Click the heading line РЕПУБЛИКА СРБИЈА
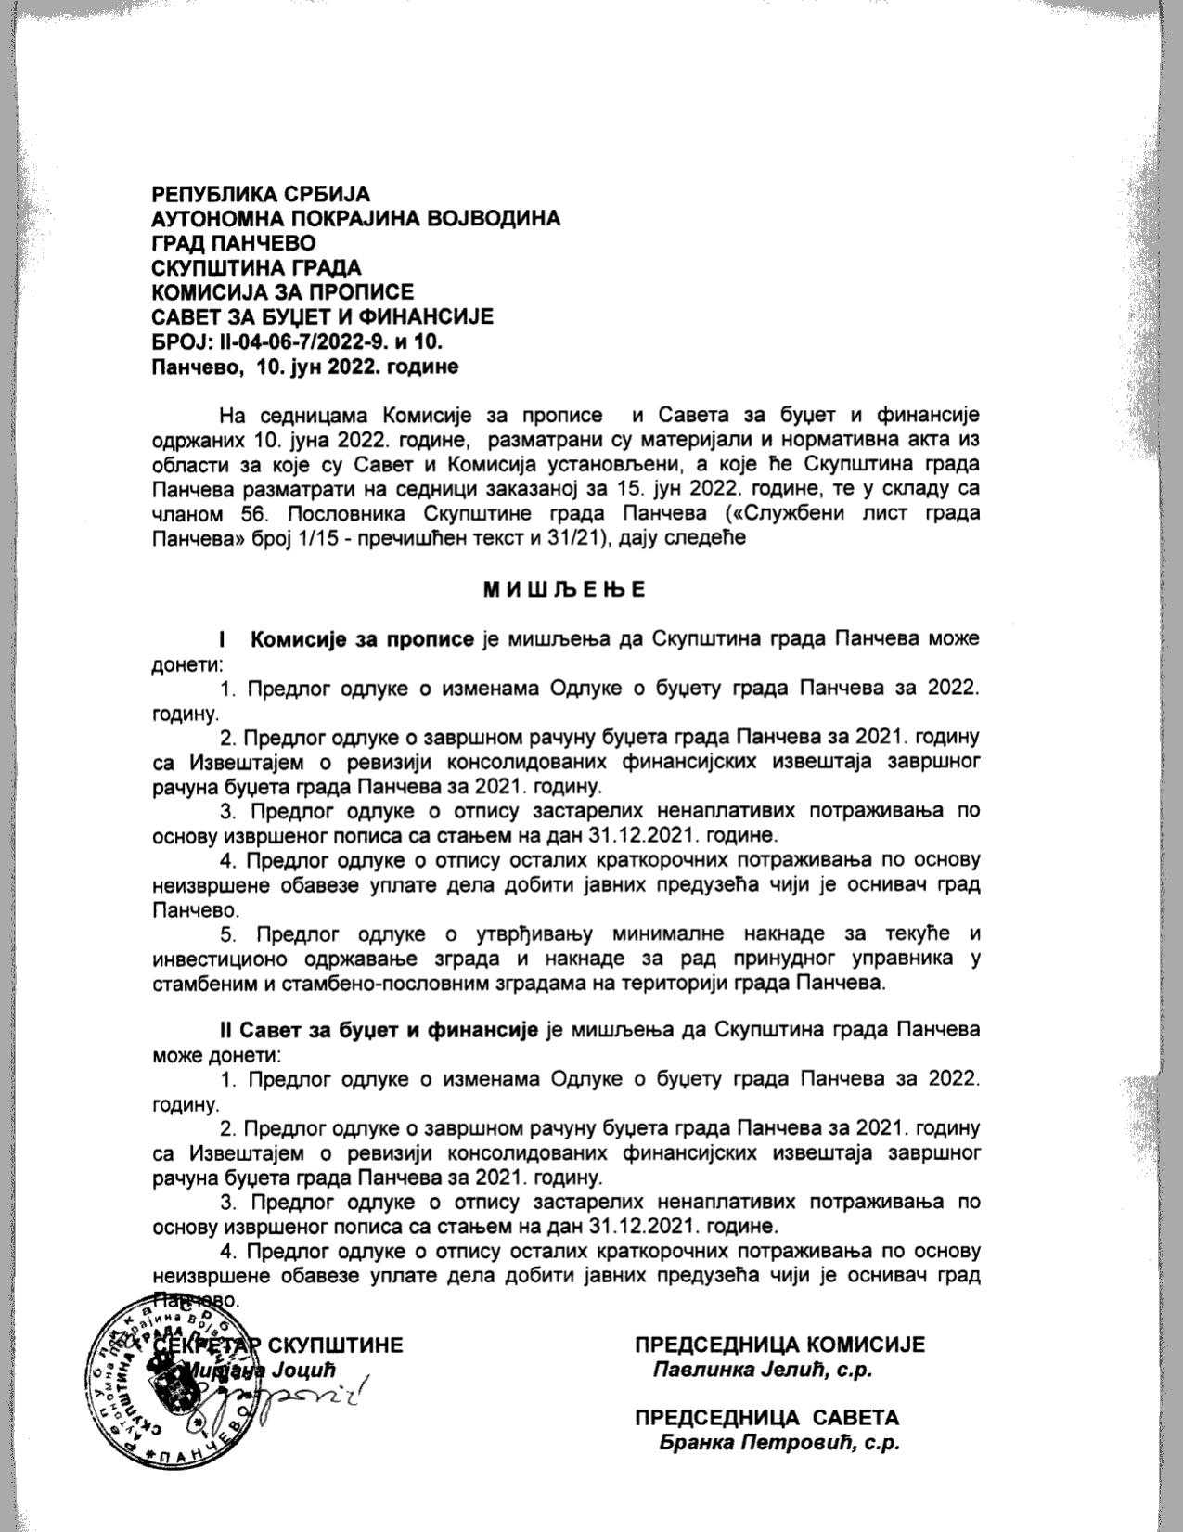pyautogui.click(x=261, y=194)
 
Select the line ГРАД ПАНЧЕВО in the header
pyautogui.click(x=234, y=243)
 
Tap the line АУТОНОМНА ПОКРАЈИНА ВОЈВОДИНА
pyautogui.click(x=356, y=219)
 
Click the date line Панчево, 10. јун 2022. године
pyautogui.click(x=305, y=367)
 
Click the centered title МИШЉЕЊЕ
pyautogui.click(x=564, y=589)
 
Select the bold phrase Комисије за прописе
pyautogui.click(x=363, y=639)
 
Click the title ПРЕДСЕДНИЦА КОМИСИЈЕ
pyautogui.click(x=779, y=1345)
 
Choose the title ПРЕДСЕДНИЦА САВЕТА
pyautogui.click(x=766, y=1418)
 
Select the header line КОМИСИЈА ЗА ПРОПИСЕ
pyautogui.click(x=283, y=292)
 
